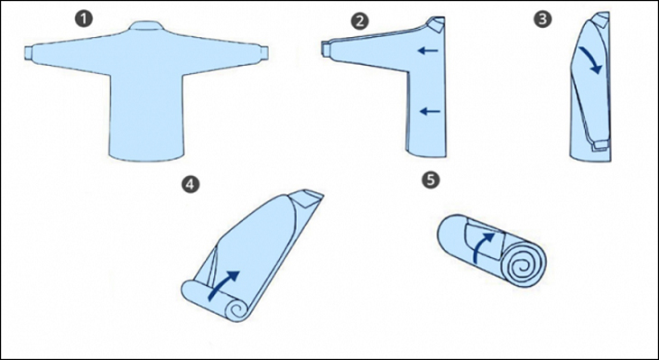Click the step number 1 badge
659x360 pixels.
pos(84,20)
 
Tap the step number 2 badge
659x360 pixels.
pos(359,21)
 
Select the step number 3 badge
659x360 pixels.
pos(543,20)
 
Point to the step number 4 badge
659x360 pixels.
pos(190,185)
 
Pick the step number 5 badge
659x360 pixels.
pos(431,180)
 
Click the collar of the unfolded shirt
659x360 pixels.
pos(145,25)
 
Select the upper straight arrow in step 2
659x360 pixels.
pos(428,51)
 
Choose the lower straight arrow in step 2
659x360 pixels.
pos(430,111)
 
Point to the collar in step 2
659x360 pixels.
pos(436,24)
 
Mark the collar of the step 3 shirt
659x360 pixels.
pos(601,19)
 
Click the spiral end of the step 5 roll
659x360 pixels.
pos(524,263)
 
